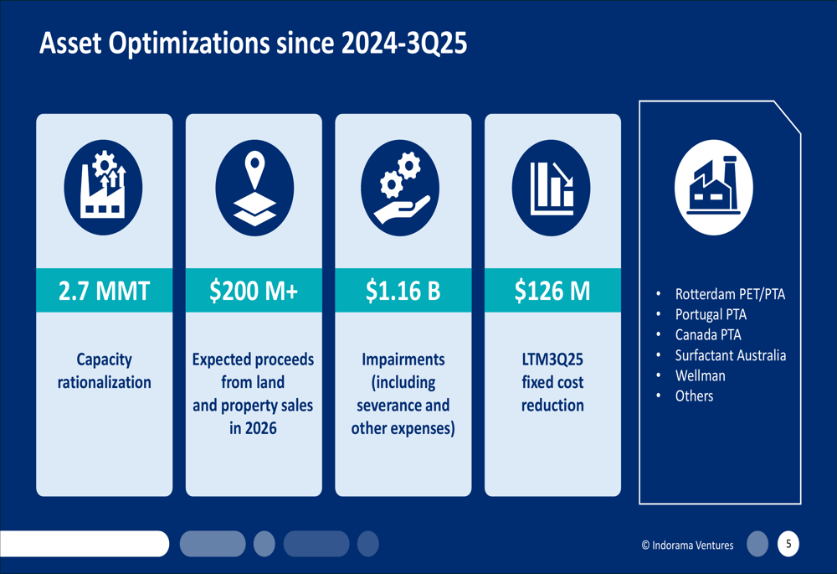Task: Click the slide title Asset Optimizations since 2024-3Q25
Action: [x=253, y=44]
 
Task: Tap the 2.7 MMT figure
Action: [x=104, y=291]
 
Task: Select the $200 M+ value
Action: [x=253, y=291]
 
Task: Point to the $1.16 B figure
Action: [x=403, y=291]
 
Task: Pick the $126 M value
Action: [x=552, y=291]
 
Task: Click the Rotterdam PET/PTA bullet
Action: [x=730, y=294]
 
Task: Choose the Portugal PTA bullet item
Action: [x=711, y=315]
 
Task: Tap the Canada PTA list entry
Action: [x=708, y=335]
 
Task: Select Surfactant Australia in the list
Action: [x=730, y=355]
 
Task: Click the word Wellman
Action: [x=700, y=375]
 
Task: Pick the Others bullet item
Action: [x=694, y=396]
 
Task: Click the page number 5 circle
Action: [x=787, y=545]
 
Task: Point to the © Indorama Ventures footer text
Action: [x=687, y=546]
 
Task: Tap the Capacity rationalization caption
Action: [x=104, y=370]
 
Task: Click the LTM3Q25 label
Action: [x=552, y=359]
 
